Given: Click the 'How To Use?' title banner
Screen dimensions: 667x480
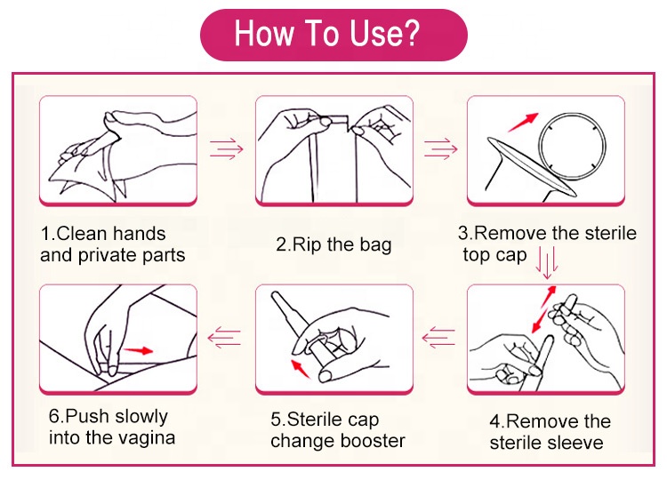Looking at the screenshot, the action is (333, 35).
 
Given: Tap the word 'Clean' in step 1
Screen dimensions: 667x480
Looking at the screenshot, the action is (82, 234).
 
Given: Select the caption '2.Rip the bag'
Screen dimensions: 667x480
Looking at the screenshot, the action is (333, 245).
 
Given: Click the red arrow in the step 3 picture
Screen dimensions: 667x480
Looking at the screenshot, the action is (523, 122).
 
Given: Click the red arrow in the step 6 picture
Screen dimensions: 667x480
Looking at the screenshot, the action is (138, 350).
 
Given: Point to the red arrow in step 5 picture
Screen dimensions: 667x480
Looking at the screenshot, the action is (300, 368).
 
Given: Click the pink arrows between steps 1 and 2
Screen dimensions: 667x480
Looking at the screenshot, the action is (226, 148).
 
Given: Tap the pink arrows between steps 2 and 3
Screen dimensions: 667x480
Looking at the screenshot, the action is (441, 148).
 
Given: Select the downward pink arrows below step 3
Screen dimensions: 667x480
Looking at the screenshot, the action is (547, 263).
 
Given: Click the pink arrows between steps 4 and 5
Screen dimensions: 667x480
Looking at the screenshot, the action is (438, 338).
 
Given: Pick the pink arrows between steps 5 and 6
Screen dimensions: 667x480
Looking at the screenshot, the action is (224, 338).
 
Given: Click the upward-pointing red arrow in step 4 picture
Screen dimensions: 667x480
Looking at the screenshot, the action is (549, 296).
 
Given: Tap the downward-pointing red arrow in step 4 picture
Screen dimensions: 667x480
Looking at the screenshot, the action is (540, 321).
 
